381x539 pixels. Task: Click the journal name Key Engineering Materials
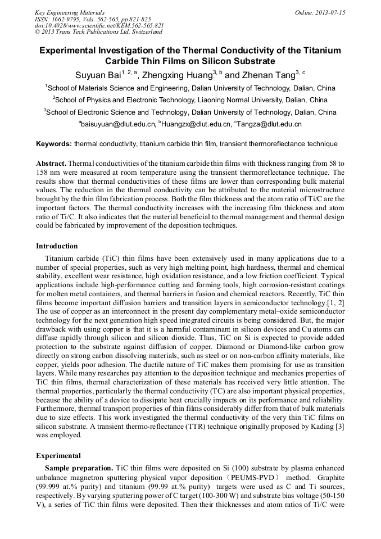click(x=69, y=12)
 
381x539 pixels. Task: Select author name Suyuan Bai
click(x=98, y=75)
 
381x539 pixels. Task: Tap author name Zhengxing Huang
click(x=180, y=75)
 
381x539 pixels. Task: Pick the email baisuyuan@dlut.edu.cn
click(x=119, y=124)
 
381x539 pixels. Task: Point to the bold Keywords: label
click(x=54, y=144)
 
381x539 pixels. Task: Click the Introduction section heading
click(x=57, y=246)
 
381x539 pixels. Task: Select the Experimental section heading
click(x=58, y=455)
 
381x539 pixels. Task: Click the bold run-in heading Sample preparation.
click(x=79, y=468)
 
